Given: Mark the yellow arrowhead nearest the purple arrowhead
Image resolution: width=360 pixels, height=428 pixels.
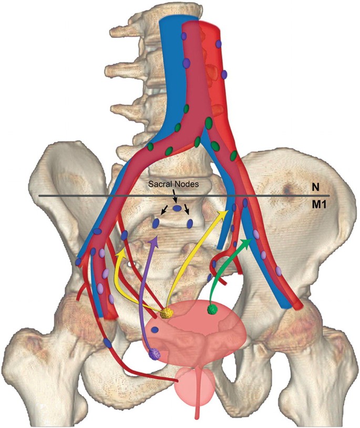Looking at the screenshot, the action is [120, 250].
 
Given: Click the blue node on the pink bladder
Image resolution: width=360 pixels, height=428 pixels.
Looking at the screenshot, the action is [156, 330].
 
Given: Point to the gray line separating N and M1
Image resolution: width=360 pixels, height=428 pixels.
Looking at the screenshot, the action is [105, 196].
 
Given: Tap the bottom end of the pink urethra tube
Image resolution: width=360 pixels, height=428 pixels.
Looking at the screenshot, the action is [197, 418].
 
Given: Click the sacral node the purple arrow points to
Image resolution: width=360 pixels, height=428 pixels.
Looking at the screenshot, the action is [156, 223].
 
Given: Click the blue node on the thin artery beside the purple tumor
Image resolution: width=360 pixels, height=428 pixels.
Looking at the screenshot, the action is [108, 342].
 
